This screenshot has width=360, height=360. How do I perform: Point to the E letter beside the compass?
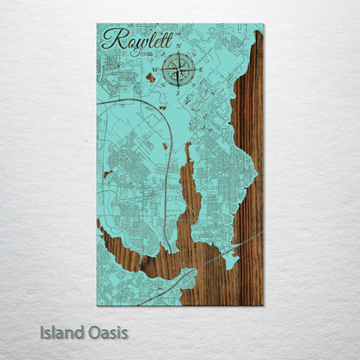coord(201,69)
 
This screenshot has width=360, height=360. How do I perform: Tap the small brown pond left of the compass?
coord(150,78)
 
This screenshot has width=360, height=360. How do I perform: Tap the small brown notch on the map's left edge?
coord(106,176)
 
